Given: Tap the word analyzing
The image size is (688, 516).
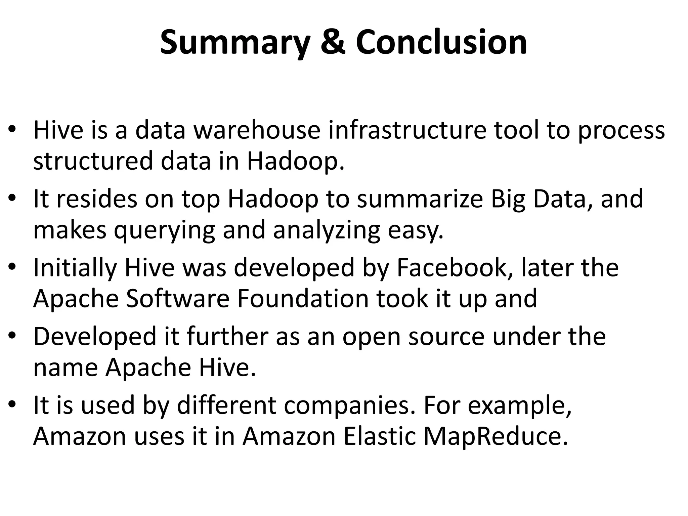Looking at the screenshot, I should point(327,231).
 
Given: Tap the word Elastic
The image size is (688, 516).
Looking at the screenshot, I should point(380,436).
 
